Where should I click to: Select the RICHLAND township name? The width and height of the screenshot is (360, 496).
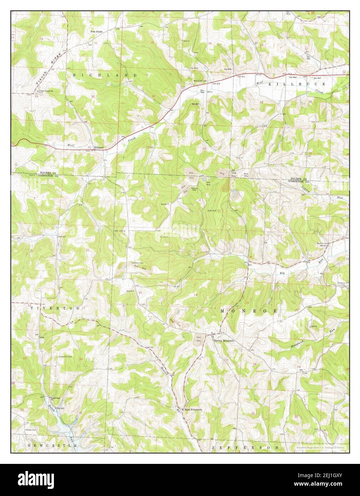(x=105, y=75)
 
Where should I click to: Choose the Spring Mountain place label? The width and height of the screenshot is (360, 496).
(x=224, y=341)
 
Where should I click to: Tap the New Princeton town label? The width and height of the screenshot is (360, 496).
(x=193, y=410)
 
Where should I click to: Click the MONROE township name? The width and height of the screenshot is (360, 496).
(x=249, y=311)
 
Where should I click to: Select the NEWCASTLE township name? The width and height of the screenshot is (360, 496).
(x=52, y=446)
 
